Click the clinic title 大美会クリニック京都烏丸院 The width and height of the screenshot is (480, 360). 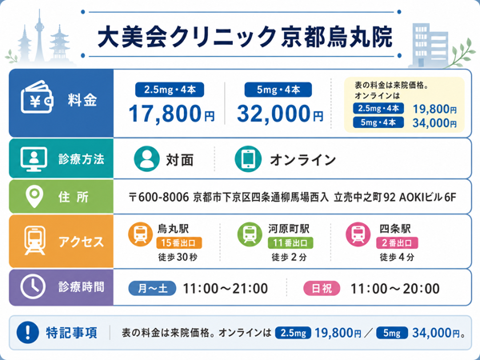point(245,37)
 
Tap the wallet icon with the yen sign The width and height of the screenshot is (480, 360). point(37,97)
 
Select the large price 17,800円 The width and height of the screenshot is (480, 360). point(171,114)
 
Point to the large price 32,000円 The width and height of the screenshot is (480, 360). point(280,114)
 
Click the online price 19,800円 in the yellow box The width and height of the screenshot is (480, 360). point(434,109)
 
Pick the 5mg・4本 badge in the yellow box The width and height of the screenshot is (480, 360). point(378,122)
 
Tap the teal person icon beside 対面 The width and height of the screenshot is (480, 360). point(147,159)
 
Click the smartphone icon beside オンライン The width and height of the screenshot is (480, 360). point(248,159)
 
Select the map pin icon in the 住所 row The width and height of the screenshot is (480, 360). point(34,197)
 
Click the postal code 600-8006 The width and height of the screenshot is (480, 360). point(163,197)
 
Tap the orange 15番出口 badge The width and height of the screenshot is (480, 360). point(179,242)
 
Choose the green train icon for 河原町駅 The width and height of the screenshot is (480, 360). point(250,234)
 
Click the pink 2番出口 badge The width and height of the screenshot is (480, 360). point(397,242)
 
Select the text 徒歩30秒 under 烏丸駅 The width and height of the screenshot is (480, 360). point(178,257)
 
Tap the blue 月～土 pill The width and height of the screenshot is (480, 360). point(152,288)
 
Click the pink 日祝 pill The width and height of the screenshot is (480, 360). point(322,288)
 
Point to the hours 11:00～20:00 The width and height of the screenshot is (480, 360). point(395,288)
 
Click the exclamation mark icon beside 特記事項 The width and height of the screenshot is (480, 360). point(28,333)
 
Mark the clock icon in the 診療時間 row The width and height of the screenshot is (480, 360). point(33,287)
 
